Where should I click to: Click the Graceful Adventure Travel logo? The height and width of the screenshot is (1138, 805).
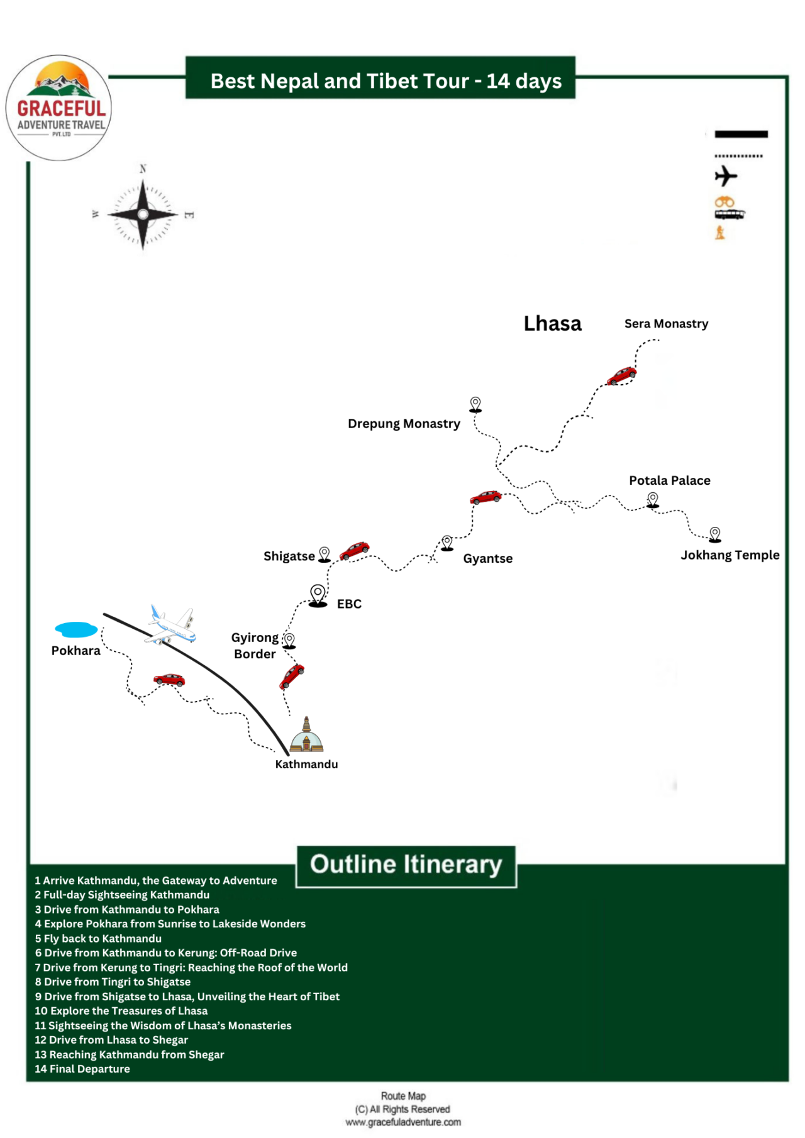pos(59,108)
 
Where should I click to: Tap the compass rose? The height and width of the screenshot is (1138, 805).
pos(143,214)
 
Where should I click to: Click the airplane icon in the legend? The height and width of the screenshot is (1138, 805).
pos(725,176)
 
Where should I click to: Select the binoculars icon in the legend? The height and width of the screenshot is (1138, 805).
pos(724,202)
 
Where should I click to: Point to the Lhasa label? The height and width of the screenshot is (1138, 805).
pos(552,324)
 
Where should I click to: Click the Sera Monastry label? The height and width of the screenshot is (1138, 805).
pos(666,324)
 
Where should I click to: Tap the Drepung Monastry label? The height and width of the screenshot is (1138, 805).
pos(404,424)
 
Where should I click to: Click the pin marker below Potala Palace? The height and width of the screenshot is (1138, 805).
pos(653,500)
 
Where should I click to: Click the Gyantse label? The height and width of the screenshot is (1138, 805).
pos(487,558)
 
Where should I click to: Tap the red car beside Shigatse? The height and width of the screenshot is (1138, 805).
pos(354,551)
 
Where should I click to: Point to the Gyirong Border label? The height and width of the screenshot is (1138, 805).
pos(255,646)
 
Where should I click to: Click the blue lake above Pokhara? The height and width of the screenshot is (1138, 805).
pos(76,629)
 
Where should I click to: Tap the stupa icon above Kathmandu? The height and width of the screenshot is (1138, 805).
pos(306,735)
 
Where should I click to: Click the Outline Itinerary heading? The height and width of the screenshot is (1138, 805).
pos(406,865)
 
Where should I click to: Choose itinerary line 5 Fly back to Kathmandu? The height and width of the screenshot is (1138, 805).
pos(98,939)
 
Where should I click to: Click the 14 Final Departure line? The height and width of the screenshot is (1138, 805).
pos(82,1069)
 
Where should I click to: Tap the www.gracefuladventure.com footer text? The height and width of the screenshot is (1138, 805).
pos(403,1122)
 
